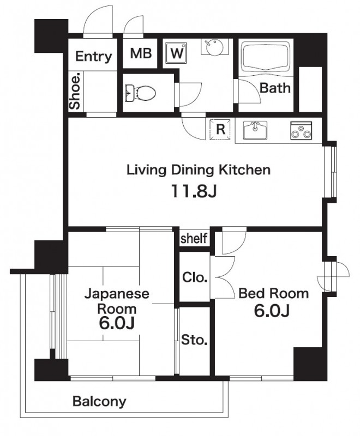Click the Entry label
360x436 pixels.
point(93,57)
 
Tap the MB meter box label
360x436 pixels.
point(141,53)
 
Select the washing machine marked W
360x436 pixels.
point(176,53)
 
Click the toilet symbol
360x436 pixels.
point(140,93)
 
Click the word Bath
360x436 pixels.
point(275,88)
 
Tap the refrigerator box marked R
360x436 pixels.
point(220,129)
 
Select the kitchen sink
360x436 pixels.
point(255,130)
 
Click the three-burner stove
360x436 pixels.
point(301,130)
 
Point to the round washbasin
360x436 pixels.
point(214,47)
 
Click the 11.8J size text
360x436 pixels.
point(194,191)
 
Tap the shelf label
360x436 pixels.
point(194,238)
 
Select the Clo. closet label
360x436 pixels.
point(195,277)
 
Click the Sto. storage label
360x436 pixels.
point(194,340)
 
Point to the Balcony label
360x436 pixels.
point(99,402)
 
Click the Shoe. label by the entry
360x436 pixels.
point(75,91)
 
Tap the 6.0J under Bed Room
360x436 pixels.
point(272,311)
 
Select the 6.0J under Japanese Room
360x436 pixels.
point(117,323)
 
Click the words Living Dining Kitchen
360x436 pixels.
point(199,169)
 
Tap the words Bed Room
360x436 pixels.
point(273,294)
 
